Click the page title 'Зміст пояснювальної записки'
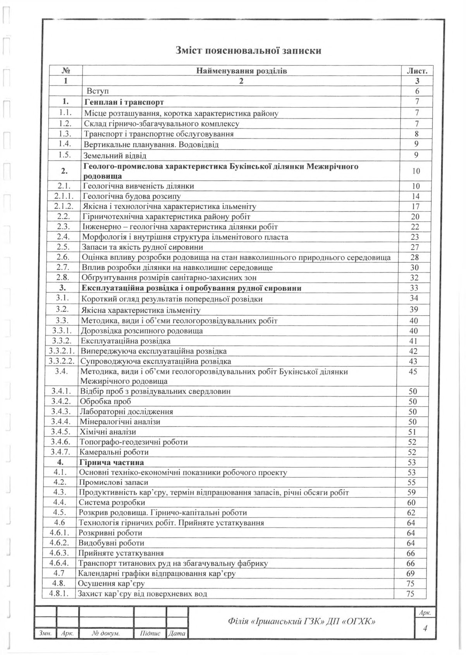point(248,51)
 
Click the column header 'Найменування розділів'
point(242,71)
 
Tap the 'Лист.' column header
point(417,71)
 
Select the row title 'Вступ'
point(97,91)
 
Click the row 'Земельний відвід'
point(115,156)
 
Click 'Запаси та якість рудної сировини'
point(143,247)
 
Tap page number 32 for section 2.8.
point(415,277)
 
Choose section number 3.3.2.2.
point(63,361)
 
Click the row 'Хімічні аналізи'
point(108,432)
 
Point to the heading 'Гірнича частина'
point(112,462)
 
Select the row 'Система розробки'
point(112,503)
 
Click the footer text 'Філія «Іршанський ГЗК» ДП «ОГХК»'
point(302,622)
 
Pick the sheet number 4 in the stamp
point(425,629)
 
